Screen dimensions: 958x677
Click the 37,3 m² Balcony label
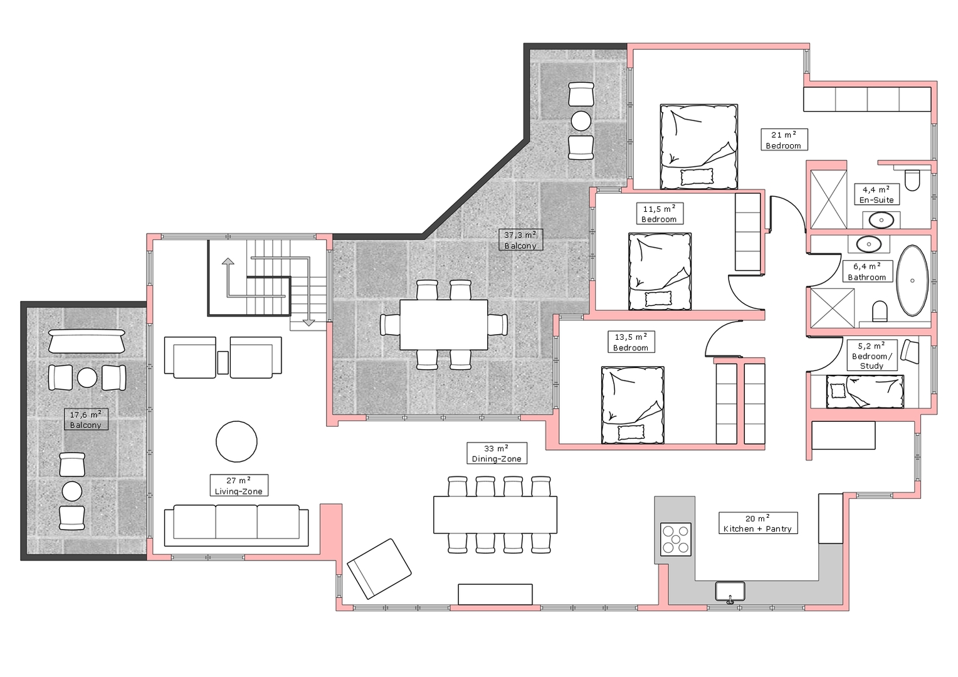pos(520,240)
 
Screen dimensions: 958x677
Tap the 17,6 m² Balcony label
pos(86,419)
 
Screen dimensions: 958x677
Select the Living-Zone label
pos(239,485)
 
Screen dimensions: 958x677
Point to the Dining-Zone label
pos(497,453)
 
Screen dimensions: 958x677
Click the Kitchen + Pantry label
pos(758,523)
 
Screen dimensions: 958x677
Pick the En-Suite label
pos(876,194)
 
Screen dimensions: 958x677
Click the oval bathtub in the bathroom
pos(912,281)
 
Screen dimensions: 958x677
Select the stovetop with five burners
pos(676,539)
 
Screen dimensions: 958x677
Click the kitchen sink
pos(730,592)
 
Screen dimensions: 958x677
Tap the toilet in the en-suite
pos(912,180)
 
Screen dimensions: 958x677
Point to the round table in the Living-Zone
pos(236,442)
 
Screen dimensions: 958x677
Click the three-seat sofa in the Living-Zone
pos(236,525)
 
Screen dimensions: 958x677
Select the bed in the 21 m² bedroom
pos(699,147)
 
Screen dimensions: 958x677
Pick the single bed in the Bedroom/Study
pos(865,392)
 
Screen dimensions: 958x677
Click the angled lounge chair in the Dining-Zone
pos(379,569)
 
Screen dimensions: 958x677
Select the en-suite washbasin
pos(882,221)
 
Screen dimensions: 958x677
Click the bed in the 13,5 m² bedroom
pos(633,405)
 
